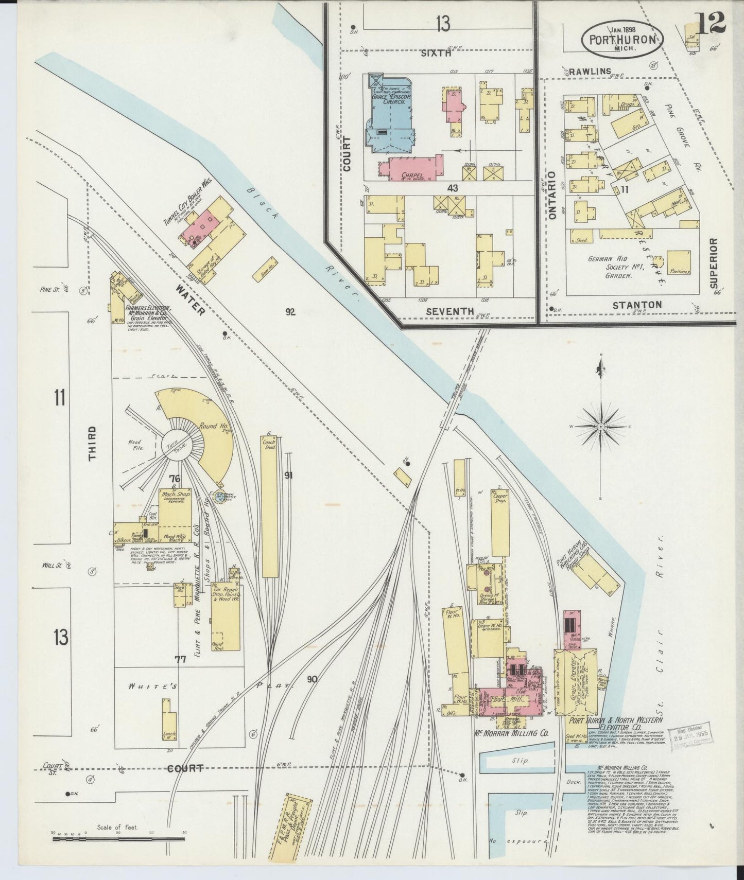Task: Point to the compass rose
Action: coord(601,427)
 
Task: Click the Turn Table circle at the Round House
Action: coord(177,446)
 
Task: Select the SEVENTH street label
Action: coord(450,311)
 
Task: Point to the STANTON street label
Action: coord(637,305)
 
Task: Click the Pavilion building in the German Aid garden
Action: coord(679,262)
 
